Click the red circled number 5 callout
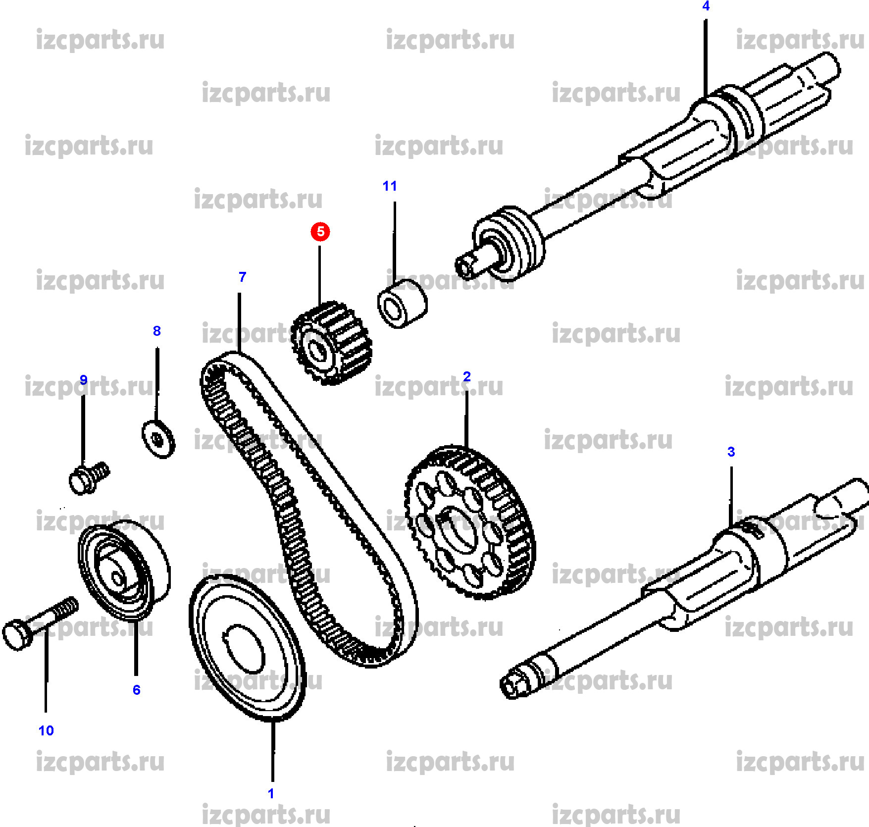click(x=320, y=231)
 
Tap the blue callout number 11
click(x=390, y=186)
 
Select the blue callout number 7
click(x=242, y=277)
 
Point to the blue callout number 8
click(x=157, y=331)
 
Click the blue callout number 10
click(x=46, y=730)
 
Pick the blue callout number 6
click(x=137, y=690)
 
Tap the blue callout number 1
click(x=271, y=793)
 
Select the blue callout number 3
click(x=731, y=452)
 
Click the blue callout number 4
click(x=706, y=6)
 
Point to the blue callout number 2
click(x=466, y=376)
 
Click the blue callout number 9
click(x=84, y=380)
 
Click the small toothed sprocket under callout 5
click(x=331, y=343)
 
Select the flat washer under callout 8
click(x=158, y=439)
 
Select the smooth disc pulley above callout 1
click(x=246, y=649)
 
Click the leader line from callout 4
click(x=706, y=54)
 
